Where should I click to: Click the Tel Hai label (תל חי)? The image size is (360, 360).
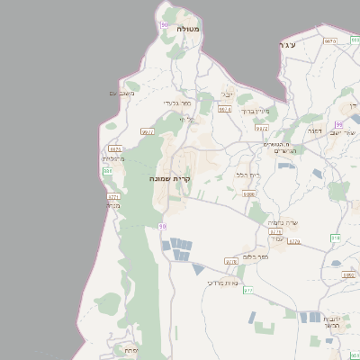pos(186,119)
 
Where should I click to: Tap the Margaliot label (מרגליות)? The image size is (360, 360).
pos(112,158)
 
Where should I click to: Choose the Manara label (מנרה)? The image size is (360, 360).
pos(112,205)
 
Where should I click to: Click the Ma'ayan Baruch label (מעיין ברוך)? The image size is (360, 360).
pos(258,112)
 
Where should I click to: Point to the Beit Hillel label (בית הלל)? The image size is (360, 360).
pos(247,174)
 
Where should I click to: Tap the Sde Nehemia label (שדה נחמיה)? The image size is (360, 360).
pos(283,222)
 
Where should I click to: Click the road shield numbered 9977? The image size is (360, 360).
pos(148,131)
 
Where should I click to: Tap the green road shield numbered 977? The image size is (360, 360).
pos(247,290)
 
